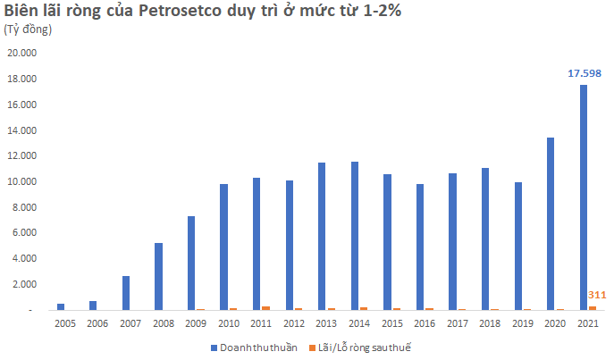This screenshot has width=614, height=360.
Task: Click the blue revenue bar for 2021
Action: [x=583, y=197]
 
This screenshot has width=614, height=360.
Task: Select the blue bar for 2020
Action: [x=551, y=223]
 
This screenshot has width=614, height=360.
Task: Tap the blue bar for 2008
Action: [x=158, y=276]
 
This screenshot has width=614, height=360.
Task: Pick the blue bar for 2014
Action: [x=354, y=236]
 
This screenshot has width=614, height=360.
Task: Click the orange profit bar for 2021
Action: [x=592, y=307]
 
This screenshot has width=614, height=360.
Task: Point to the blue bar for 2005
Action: [x=61, y=306]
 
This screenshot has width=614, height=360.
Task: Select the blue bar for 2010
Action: [x=223, y=247]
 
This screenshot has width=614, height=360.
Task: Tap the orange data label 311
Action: [x=597, y=295]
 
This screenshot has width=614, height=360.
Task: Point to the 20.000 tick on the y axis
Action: [x=22, y=53]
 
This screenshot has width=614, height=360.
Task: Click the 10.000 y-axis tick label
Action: [x=22, y=181]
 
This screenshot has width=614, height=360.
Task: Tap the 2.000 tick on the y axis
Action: [x=24, y=284]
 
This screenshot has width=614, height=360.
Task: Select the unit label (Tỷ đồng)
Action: [x=29, y=29]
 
